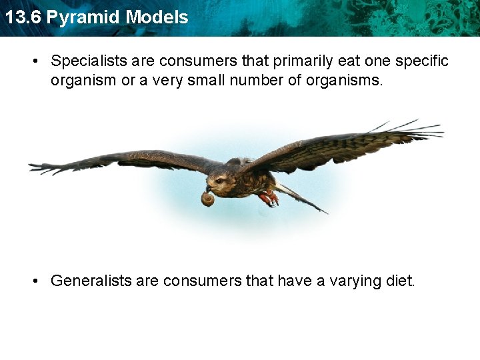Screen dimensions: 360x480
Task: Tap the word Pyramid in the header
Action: coord(83,17)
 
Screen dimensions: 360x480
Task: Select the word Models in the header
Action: coord(157,17)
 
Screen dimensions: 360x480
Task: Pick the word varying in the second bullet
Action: coord(355,281)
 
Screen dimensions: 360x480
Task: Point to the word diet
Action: coord(401,281)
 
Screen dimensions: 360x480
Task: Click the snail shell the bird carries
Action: coord(208,198)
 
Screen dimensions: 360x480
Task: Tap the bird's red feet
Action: coord(269,198)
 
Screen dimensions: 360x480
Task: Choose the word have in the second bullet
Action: coord(294,281)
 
